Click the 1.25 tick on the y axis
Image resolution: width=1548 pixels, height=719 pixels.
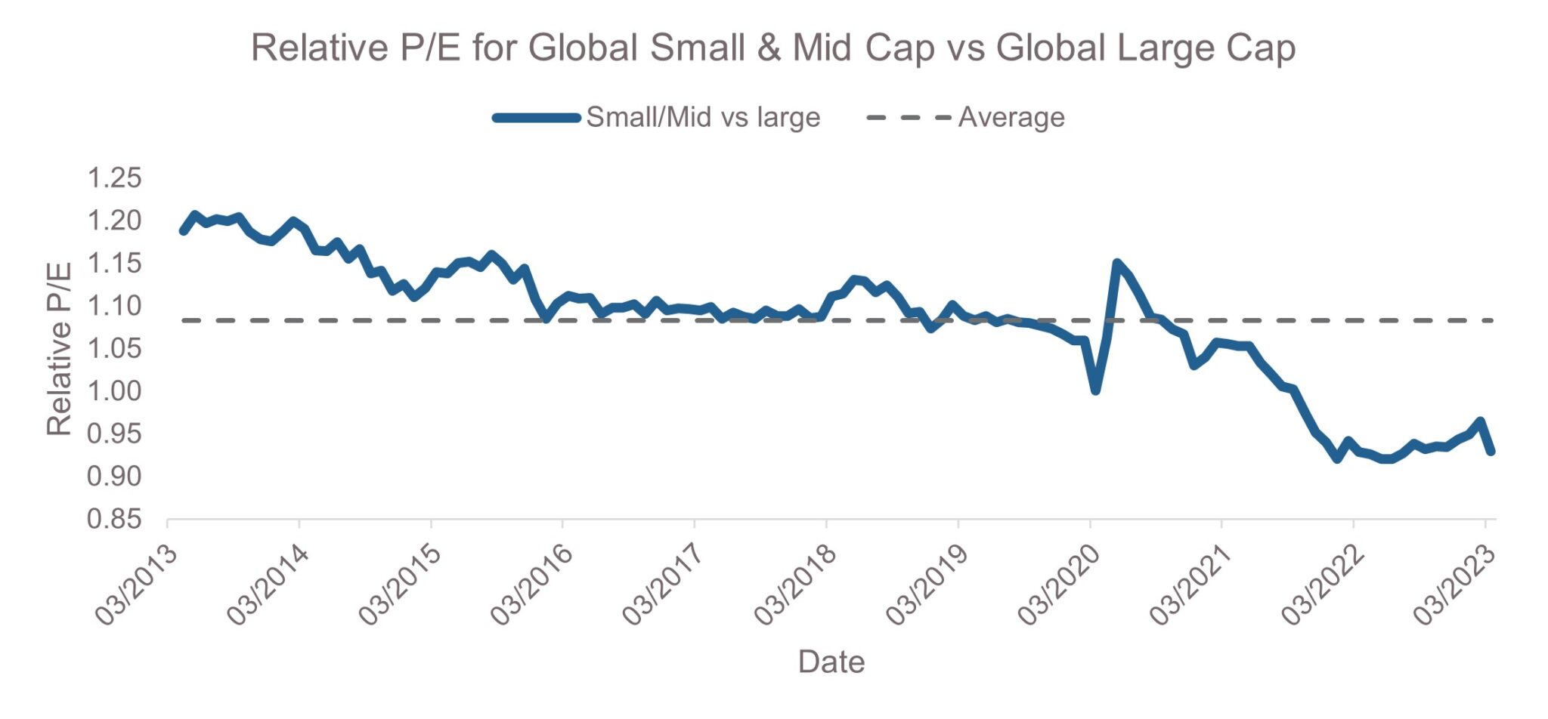pyautogui.click(x=114, y=178)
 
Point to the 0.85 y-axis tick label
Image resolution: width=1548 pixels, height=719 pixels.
pyautogui.click(x=114, y=519)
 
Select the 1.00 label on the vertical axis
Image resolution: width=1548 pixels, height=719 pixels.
pyautogui.click(x=114, y=391)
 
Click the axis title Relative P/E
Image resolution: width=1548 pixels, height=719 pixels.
pyautogui.click(x=59, y=348)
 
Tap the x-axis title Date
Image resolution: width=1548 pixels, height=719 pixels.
pyautogui.click(x=831, y=662)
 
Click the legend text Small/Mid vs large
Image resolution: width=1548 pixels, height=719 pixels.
pyautogui.click(x=703, y=117)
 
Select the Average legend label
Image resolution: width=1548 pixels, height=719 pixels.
pyautogui.click(x=1011, y=117)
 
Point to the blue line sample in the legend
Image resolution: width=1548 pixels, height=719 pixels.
pyautogui.click(x=537, y=117)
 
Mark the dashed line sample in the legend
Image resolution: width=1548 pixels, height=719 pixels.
pyautogui.click(x=909, y=117)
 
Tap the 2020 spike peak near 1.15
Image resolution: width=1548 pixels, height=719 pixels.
pyautogui.click(x=1116, y=263)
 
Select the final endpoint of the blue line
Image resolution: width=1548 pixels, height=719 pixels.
pyautogui.click(x=1491, y=452)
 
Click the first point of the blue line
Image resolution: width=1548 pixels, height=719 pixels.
pyautogui.click(x=184, y=230)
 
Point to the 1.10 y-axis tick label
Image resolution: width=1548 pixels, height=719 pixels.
pyautogui.click(x=114, y=306)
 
